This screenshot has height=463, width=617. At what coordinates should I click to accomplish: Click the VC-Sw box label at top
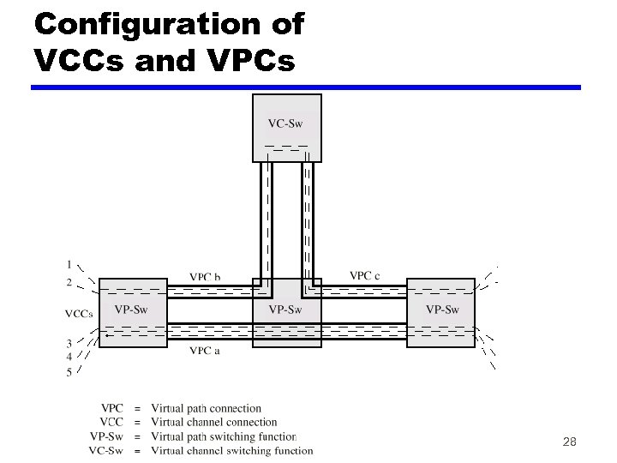pyautogui.click(x=286, y=122)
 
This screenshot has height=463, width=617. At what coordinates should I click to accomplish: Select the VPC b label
pyautogui.click(x=206, y=277)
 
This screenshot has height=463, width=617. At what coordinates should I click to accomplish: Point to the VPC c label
pyautogui.click(x=365, y=276)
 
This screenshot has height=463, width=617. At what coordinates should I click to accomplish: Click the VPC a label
pyautogui.click(x=205, y=351)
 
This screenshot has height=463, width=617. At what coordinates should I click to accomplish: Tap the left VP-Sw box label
pyautogui.click(x=131, y=310)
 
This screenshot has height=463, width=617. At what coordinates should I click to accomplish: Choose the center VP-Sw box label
pyautogui.click(x=285, y=310)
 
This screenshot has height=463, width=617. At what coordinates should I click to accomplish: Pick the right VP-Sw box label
pyautogui.click(x=442, y=310)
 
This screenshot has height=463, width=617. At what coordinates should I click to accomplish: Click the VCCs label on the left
pyautogui.click(x=79, y=314)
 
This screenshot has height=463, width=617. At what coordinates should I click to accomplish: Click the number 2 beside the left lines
pyautogui.click(x=69, y=282)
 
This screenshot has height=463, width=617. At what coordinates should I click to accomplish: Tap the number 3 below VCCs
pyautogui.click(x=69, y=345)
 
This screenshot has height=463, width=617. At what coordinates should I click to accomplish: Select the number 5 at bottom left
pyautogui.click(x=69, y=372)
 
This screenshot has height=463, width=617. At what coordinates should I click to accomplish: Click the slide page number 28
pyautogui.click(x=569, y=442)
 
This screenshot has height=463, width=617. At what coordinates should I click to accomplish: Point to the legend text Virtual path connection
pyautogui.click(x=207, y=408)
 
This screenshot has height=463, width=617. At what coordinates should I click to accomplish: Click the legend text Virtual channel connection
pyautogui.click(x=214, y=422)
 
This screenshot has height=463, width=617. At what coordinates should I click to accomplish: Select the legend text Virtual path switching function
pyautogui.click(x=224, y=436)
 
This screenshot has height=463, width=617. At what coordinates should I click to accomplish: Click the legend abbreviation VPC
pyautogui.click(x=112, y=408)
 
